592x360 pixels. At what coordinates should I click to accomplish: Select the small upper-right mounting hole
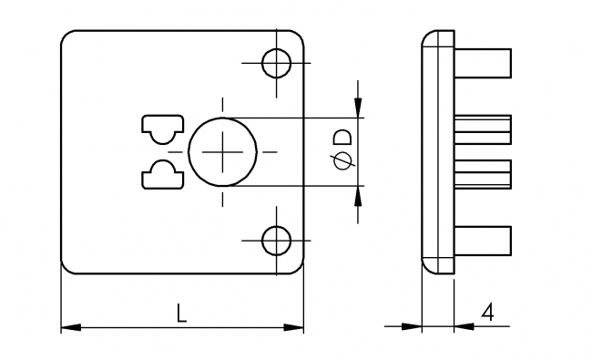(x=276, y=64)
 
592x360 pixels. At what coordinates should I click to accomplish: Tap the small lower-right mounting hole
(x=276, y=241)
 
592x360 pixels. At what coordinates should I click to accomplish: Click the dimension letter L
(x=181, y=314)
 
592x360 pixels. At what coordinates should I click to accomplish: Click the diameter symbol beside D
(x=342, y=162)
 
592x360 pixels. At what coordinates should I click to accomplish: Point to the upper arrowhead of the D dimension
(x=359, y=108)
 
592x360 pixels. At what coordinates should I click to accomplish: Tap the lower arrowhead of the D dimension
(x=359, y=196)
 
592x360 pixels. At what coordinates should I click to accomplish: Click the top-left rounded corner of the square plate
(x=68, y=39)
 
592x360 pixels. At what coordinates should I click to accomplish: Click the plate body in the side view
(x=437, y=152)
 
